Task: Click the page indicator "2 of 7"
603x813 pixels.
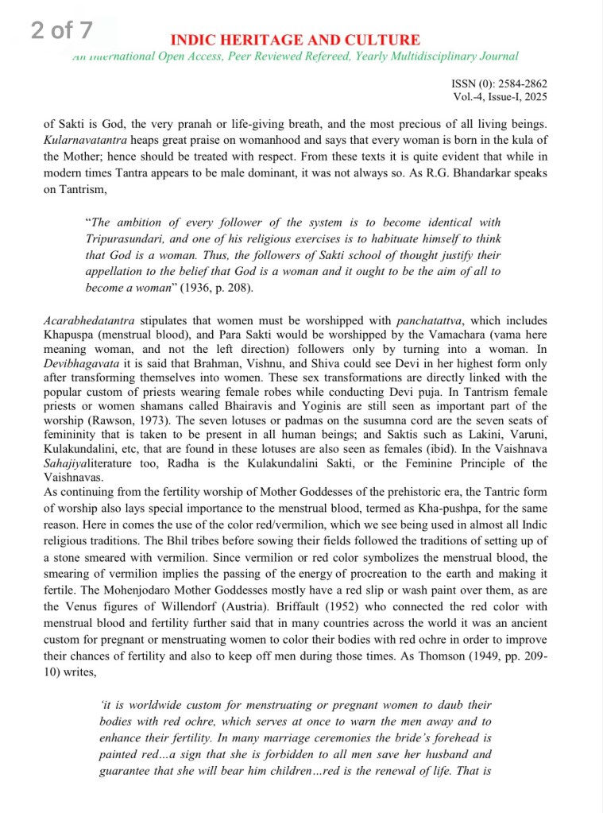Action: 62,31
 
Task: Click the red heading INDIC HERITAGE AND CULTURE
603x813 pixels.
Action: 295,41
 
